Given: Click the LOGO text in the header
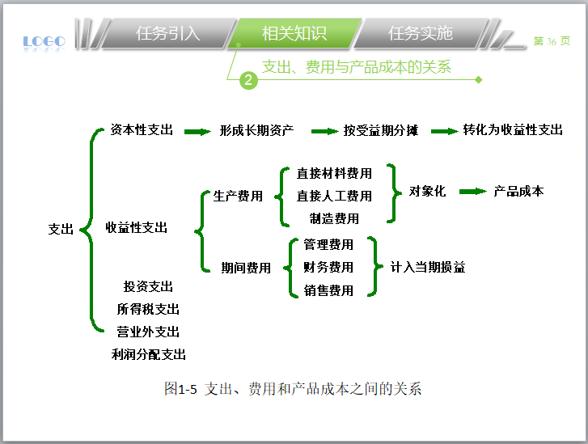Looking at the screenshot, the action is point(44,40).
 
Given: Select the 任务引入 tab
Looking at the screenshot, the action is point(168,34).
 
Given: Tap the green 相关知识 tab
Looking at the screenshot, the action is point(294,34).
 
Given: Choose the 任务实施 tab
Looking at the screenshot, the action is point(420,34).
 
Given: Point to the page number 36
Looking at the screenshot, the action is point(552,41).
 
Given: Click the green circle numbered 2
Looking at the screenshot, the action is point(249,79).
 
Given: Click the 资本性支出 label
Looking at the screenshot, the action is point(142,129).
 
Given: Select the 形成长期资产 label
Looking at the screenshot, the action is point(256,130).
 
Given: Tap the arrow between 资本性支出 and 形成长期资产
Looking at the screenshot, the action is point(197,131).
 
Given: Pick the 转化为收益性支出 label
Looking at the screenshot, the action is point(513,129).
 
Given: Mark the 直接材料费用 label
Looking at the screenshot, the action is point(334,173).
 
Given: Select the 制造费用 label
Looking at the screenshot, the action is point(334,218).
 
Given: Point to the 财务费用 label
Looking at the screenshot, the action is point(328,267).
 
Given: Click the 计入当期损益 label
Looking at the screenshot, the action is point(428,267).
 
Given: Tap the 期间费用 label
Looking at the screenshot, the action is point(246,268).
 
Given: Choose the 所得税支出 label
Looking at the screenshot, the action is point(148,309).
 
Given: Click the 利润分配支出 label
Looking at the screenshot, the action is point(149,354).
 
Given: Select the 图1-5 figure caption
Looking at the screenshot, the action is point(293,389).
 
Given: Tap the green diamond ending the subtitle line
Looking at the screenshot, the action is point(479,79).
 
